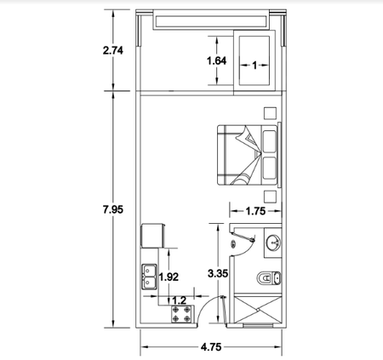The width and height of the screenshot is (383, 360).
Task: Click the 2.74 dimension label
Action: click(x=113, y=50)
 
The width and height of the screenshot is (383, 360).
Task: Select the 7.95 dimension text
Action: click(x=113, y=209)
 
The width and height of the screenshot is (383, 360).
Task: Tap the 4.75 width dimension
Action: click(x=211, y=347)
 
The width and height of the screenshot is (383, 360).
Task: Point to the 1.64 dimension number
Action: click(x=217, y=60)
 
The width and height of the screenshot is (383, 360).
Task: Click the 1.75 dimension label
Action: click(x=255, y=211)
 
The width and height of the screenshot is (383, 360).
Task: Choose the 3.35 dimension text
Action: click(x=218, y=274)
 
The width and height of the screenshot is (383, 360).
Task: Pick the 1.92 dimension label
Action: click(x=169, y=277)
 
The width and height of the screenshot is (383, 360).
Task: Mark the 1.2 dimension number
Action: click(x=180, y=300)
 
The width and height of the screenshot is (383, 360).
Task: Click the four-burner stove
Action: click(x=182, y=314)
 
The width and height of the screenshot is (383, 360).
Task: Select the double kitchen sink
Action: click(x=150, y=277)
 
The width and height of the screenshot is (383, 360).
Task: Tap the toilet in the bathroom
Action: click(x=269, y=278)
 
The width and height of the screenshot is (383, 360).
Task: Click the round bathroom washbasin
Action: click(x=273, y=243)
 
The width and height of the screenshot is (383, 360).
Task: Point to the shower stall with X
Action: click(x=258, y=310)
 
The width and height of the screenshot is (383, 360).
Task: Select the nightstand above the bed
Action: click(x=270, y=113)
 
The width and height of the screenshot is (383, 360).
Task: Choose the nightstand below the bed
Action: click(x=270, y=197)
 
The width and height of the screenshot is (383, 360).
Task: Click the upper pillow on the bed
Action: click(x=269, y=141)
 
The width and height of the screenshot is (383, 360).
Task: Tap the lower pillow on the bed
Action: click(x=269, y=169)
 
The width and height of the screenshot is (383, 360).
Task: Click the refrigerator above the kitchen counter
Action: click(x=153, y=236)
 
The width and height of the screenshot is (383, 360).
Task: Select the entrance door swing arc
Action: click(x=203, y=305)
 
